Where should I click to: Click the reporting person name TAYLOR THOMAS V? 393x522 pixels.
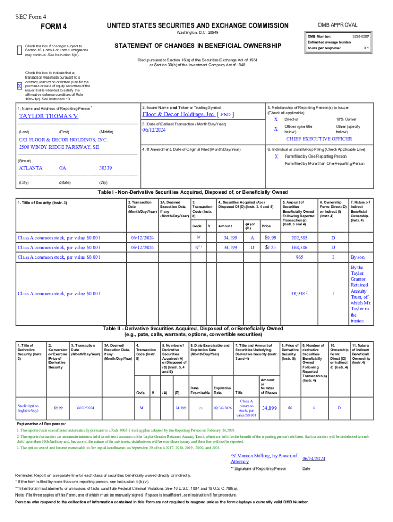point(48,116)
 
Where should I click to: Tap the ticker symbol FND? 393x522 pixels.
point(226,115)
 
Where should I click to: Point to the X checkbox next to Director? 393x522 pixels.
point(276,119)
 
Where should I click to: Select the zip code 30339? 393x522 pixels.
point(106,168)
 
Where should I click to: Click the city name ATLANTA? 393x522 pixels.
point(31,168)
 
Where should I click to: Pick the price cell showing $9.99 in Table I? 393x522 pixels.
point(270,238)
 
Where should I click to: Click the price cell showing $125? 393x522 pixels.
point(270,247)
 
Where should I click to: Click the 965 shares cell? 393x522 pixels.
point(300,257)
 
